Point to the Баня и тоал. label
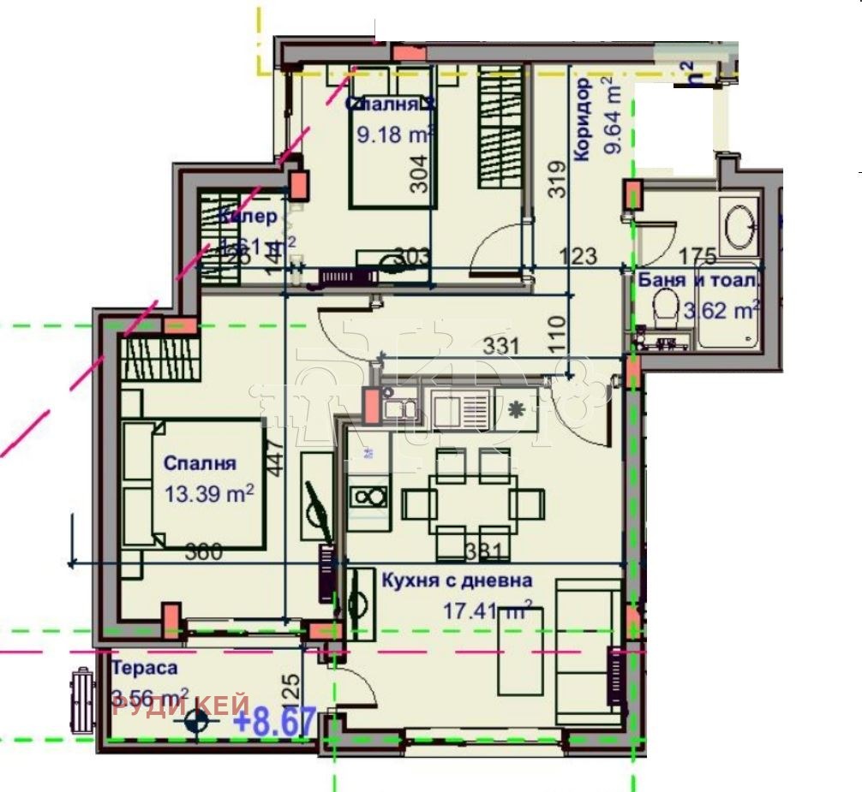[x=698, y=279]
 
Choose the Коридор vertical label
[x=583, y=120]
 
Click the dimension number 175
[x=697, y=255]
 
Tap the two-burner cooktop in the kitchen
[x=368, y=497]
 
